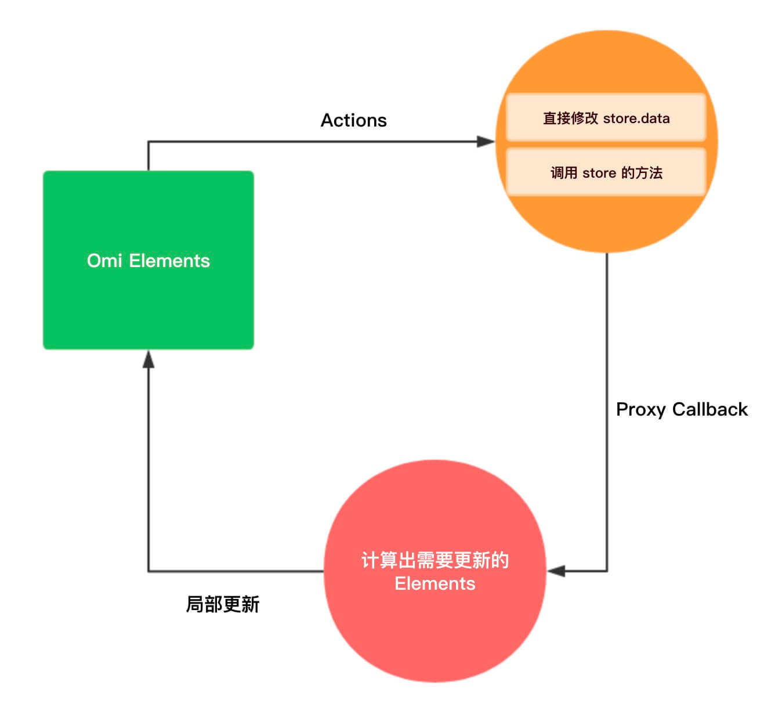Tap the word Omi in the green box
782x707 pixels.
tap(104, 261)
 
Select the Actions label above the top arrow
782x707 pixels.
tap(353, 120)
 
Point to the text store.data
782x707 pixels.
tap(636, 118)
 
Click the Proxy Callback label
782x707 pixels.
tap(681, 409)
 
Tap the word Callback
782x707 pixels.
tap(709, 409)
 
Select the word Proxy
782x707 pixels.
tap(640, 410)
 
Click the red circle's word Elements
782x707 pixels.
tap(435, 583)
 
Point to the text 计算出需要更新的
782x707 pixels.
tap(435, 560)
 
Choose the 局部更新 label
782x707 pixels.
tap(222, 604)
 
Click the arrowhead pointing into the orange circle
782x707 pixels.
tap(486, 141)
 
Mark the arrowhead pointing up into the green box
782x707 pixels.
tap(149, 359)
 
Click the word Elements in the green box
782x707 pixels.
tap(169, 261)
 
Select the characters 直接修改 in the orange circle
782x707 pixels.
tap(570, 118)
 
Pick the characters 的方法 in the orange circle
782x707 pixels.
tap(642, 173)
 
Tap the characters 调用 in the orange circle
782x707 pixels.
tap(563, 173)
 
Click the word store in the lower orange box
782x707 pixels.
tap(599, 173)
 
